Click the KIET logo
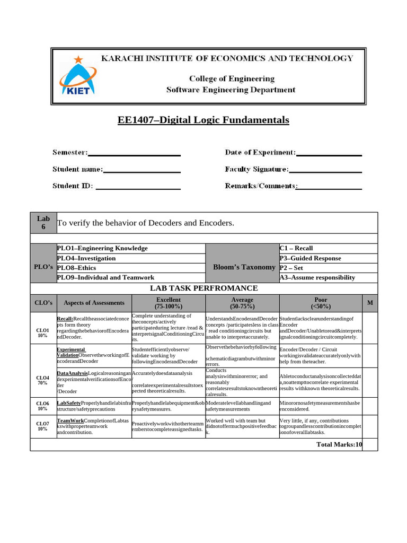pyautogui.click(x=77, y=76)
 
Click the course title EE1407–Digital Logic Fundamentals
pyautogui.click(x=203, y=120)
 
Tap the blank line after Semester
pyautogui.click(x=134, y=154)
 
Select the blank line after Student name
pyautogui.click(x=142, y=171)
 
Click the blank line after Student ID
pyautogui.click(x=138, y=188)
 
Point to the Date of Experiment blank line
pyautogui.click(x=329, y=154)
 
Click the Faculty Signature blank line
pyautogui.click(x=325, y=171)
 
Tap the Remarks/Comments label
pyautogui.click(x=260, y=186)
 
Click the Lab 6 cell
pyautogui.click(x=43, y=223)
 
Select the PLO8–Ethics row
pyautogui.click(x=130, y=268)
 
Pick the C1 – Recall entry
pyautogui.click(x=296, y=248)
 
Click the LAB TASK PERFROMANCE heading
pyautogui.click(x=203, y=288)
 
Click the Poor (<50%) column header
pyautogui.click(x=321, y=303)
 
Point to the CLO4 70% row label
pyautogui.click(x=43, y=382)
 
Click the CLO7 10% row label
pyautogui.click(x=43, y=426)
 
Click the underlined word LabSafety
pyautogui.click(x=69, y=403)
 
